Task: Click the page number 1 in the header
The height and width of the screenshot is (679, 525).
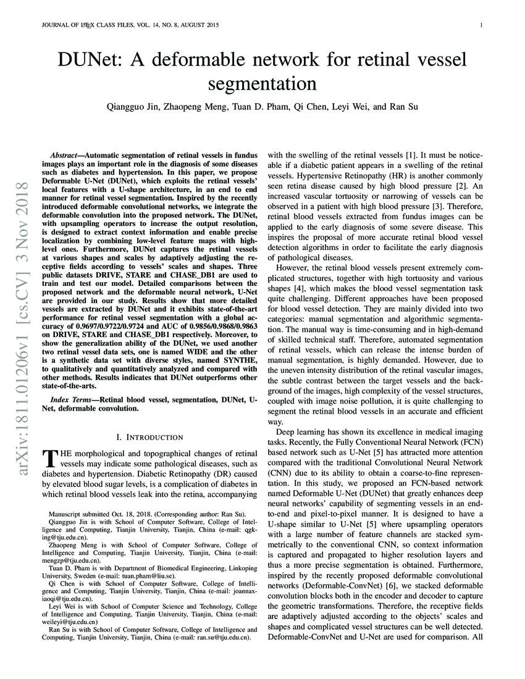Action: [480, 25]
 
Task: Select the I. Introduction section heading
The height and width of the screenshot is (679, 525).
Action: [152, 437]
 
